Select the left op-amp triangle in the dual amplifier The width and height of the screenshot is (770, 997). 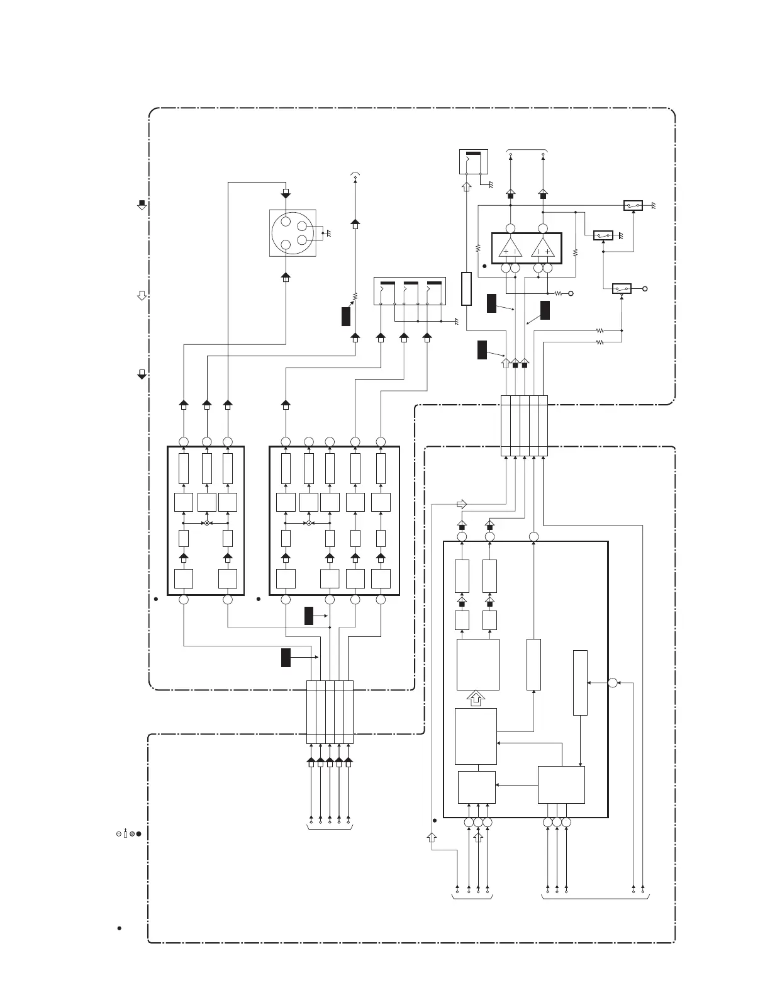click(510, 249)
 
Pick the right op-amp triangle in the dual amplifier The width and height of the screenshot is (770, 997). click(543, 249)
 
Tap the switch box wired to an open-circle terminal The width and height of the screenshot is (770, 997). click(622, 288)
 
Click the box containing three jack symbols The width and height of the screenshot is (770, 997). click(410, 291)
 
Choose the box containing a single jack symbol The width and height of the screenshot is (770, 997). click(473, 162)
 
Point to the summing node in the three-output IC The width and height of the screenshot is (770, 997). click(206, 523)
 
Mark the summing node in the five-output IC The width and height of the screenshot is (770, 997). click(309, 523)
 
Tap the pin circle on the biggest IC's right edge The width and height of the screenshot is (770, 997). click(613, 683)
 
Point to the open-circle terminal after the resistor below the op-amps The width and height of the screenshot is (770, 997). click(571, 293)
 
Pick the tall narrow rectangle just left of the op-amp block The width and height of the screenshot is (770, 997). click(466, 289)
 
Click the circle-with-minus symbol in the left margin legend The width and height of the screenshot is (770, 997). click(118, 834)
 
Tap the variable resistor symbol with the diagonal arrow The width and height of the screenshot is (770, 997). click(354, 296)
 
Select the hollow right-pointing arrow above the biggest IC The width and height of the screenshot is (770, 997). click(462, 504)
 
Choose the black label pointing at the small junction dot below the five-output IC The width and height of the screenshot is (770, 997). click(309, 616)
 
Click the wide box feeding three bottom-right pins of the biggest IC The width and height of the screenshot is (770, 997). click(561, 784)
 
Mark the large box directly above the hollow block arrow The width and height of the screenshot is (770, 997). click(478, 665)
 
